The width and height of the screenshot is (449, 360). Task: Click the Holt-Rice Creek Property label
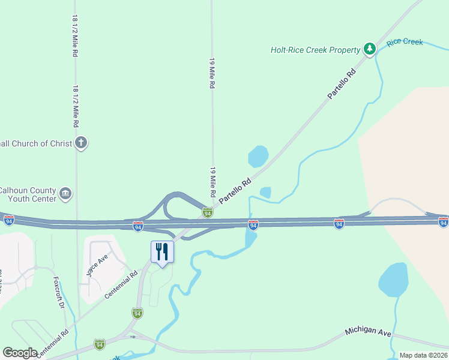315,50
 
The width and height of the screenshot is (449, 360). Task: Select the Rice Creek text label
405,42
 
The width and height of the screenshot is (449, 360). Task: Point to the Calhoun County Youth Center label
28,194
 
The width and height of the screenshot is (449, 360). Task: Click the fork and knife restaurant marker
162,251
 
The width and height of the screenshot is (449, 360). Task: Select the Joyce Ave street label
95,264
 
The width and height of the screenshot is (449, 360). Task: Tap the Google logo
20,353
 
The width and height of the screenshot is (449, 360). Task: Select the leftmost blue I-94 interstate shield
8,221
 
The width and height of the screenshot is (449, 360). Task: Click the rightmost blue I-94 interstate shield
443,223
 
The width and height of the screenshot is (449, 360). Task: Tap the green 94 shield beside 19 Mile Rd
207,212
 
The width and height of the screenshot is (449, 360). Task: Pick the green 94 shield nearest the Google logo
100,344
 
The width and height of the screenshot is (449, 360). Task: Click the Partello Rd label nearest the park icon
342,85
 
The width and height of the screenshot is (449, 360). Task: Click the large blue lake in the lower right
393,280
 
